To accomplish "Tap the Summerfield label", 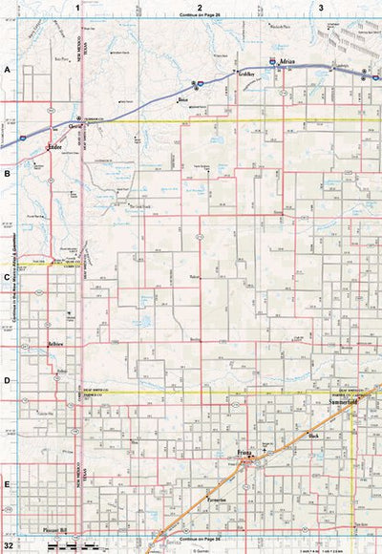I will (x=346, y=404).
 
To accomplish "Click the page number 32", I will (x=9, y=545).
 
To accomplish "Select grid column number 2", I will (x=200, y=7).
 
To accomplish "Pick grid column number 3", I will (x=321, y=7).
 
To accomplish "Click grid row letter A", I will (x=7, y=71).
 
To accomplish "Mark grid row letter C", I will (x=7, y=278).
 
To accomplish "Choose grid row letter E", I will (x=7, y=484).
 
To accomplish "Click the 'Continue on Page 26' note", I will (x=200, y=15).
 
